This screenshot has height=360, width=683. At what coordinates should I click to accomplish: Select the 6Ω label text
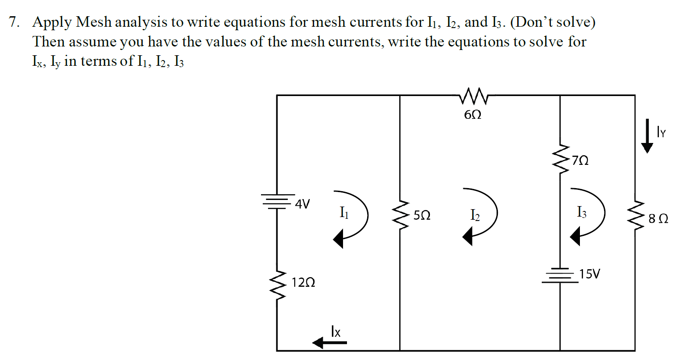(472, 115)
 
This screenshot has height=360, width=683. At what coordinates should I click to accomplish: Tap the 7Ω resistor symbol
(560, 160)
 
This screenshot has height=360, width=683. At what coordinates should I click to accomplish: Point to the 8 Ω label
(658, 218)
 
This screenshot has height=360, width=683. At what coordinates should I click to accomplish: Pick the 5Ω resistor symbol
(400, 215)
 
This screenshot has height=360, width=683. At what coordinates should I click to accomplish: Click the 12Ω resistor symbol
(277, 283)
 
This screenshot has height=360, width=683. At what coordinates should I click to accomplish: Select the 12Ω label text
(303, 283)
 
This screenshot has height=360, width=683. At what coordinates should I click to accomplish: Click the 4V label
(303, 204)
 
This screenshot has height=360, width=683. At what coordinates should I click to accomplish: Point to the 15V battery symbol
(560, 275)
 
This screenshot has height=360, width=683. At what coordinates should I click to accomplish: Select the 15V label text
(589, 274)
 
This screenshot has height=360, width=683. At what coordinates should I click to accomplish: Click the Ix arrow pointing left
(329, 342)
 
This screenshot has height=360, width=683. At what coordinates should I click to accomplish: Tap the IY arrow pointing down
(647, 138)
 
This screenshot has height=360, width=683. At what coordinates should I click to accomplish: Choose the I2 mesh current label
(475, 215)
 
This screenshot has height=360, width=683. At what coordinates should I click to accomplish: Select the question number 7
(14, 22)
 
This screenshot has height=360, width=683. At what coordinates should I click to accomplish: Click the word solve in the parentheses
(573, 22)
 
